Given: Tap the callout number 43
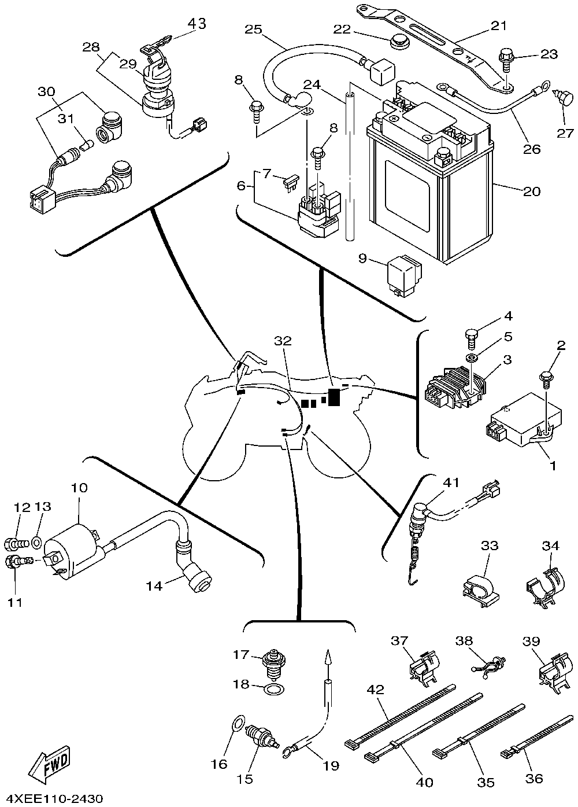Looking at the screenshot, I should [197, 24].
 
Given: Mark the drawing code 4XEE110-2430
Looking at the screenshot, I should [55, 799].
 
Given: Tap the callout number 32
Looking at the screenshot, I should [283, 342].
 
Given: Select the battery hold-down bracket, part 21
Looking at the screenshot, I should [439, 46].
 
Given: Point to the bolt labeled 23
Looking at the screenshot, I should [505, 60].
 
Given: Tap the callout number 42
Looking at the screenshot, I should [375, 690].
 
